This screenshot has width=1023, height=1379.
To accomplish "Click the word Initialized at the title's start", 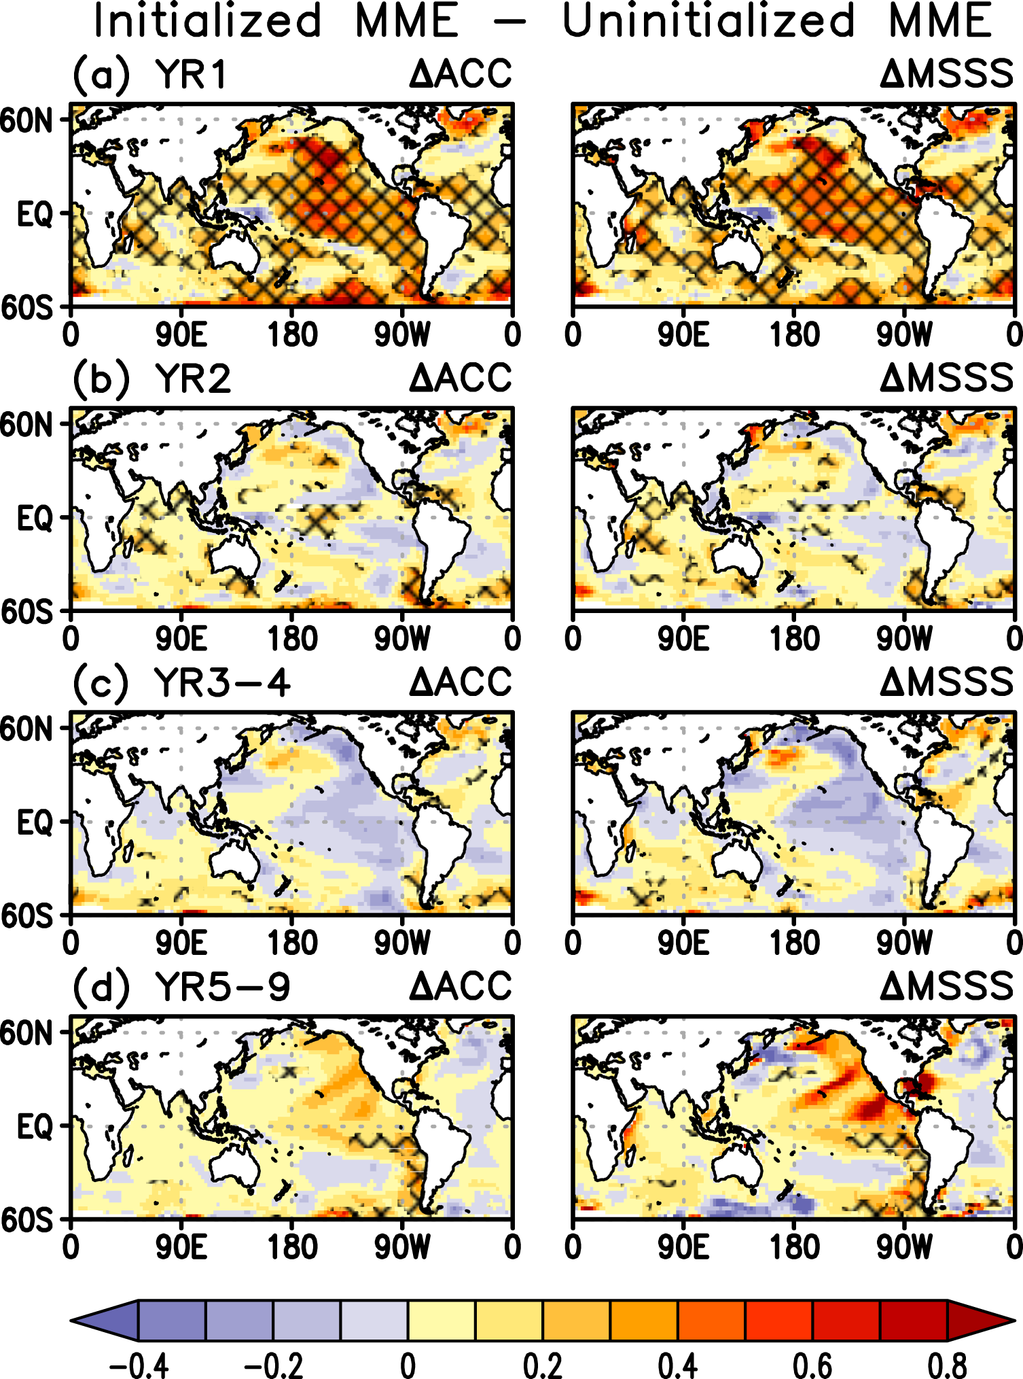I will coord(207,20).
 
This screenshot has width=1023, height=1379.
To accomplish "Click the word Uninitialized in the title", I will coord(708,20).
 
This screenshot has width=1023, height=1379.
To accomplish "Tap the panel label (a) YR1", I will coord(149,74).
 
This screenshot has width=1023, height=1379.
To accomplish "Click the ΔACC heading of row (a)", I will coord(460,74).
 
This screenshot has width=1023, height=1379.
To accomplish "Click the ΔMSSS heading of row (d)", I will coord(946,987).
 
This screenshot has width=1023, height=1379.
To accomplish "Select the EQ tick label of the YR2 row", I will coord(34,519).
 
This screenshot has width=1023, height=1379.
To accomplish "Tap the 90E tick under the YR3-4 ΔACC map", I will coord(181,943).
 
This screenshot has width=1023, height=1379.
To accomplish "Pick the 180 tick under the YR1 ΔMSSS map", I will coord(794,334).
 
